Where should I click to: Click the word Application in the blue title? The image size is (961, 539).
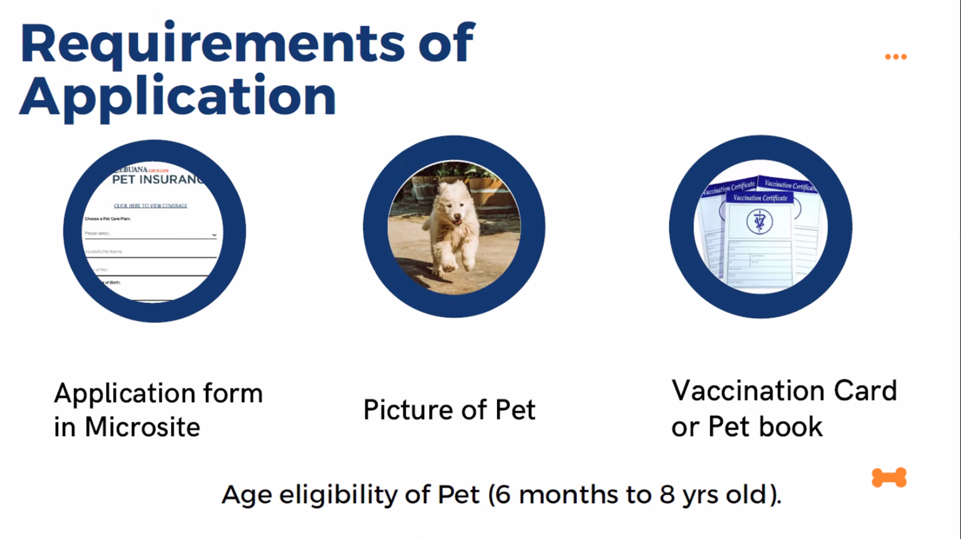(x=178, y=97)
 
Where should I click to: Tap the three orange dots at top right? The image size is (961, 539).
(x=896, y=57)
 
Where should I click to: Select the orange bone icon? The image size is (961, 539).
(x=889, y=478)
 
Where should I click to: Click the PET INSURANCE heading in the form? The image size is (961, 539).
(x=157, y=179)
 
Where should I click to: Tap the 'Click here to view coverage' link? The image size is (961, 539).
(x=151, y=206)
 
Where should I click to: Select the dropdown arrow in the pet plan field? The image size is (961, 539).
(x=214, y=235)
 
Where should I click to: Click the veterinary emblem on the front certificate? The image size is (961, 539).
(x=760, y=221)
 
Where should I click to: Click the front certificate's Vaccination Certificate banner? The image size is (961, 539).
(x=760, y=198)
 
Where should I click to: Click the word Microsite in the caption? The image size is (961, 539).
(x=142, y=427)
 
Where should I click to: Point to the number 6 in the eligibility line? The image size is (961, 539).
(x=503, y=494)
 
